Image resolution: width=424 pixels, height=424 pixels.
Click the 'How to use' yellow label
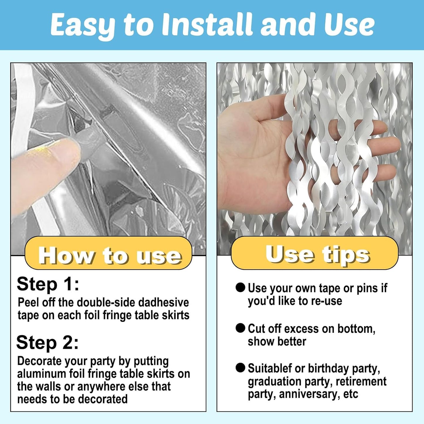coord(108,253)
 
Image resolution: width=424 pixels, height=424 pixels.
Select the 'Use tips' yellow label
coord(315,253)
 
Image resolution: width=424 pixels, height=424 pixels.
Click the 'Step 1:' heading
coord(48,284)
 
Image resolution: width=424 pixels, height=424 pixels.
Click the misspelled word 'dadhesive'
coord(163,302)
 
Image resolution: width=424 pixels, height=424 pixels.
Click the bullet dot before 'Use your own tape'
coord(240,288)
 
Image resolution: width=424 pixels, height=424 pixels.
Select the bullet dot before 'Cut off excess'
coord(240,328)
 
